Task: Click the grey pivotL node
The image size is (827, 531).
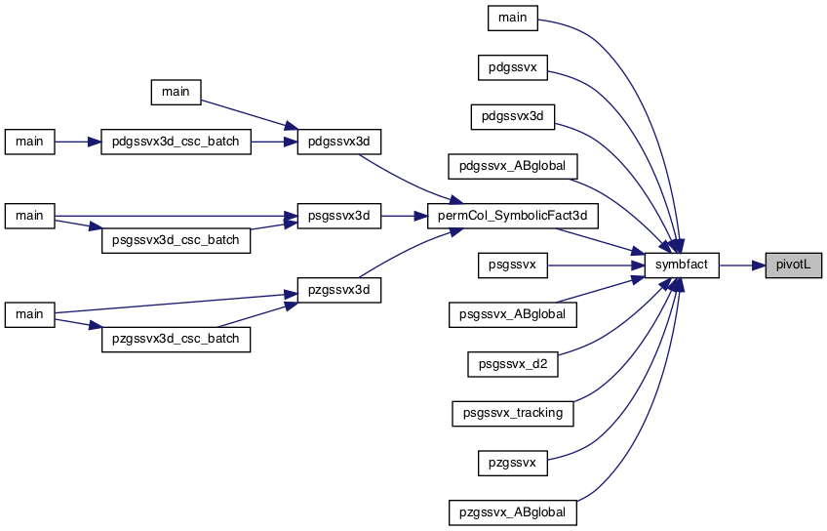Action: [x=793, y=265]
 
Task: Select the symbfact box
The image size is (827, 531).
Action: [x=682, y=265]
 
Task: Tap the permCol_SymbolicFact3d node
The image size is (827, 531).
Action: [x=513, y=216]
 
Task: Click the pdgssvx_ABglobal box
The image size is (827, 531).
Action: [x=513, y=166]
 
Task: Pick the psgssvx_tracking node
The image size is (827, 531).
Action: [x=513, y=413]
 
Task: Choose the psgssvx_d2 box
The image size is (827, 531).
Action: [x=513, y=364]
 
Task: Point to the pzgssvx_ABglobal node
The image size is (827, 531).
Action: [x=513, y=512]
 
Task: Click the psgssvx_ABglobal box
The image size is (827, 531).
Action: [x=513, y=314]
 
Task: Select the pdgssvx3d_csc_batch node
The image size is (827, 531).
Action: [x=176, y=142]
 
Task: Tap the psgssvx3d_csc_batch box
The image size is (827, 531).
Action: [x=176, y=240]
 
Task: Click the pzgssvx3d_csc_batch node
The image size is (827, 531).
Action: [x=176, y=339]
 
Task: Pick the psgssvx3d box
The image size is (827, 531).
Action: [x=339, y=216]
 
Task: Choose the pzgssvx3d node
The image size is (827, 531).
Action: [x=339, y=290]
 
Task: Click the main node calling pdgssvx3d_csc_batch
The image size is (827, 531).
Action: [x=29, y=142]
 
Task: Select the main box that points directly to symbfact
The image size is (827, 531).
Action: [x=513, y=18]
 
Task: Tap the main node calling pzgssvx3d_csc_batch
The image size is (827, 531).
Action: [x=29, y=314]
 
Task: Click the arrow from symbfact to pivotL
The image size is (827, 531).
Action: [x=742, y=265]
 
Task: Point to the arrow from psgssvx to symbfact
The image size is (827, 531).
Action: [x=596, y=265]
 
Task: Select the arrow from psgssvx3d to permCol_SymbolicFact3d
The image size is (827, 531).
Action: [x=404, y=216]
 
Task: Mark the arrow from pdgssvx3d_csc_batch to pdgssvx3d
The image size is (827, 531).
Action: [x=274, y=142]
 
